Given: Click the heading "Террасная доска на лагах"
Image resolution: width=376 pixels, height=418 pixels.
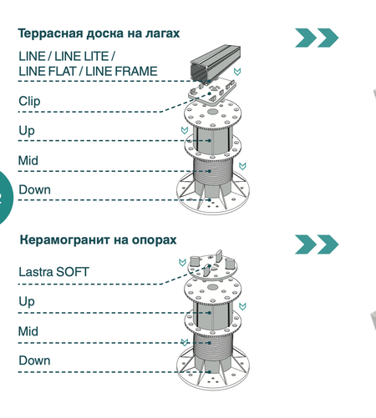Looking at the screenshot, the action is click(x=99, y=33).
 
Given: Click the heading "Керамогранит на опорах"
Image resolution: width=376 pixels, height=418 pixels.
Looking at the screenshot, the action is click(x=98, y=239).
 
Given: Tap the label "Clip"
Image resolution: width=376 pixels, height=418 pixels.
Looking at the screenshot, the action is click(x=29, y=101).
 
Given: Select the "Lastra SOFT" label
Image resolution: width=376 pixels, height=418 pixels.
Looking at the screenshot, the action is click(x=53, y=272).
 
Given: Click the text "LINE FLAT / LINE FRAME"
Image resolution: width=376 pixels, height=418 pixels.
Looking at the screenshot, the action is click(x=88, y=72).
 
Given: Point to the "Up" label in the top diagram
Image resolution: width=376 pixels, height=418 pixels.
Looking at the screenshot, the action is click(x=27, y=131).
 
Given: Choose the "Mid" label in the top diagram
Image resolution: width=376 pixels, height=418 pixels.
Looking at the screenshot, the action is click(x=28, y=160).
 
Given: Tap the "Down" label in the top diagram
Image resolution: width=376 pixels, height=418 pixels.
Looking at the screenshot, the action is click(x=34, y=189).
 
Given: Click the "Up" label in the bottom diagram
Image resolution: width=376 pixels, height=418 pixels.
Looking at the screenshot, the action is click(x=27, y=301).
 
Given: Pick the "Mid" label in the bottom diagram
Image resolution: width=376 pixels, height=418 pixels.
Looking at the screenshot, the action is click(x=28, y=331).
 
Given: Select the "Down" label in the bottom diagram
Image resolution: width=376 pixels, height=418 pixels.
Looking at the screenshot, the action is click(x=34, y=360).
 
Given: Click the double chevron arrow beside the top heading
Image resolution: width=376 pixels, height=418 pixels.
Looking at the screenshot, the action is click(x=317, y=38).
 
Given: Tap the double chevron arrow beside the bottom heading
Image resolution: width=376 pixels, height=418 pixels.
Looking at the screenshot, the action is click(x=317, y=244).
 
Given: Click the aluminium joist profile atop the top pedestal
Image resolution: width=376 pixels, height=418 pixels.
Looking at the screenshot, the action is click(x=215, y=64).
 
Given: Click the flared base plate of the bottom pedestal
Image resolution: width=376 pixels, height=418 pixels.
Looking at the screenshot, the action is click(x=213, y=373).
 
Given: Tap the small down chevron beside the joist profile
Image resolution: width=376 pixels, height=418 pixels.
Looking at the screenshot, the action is click(x=237, y=72).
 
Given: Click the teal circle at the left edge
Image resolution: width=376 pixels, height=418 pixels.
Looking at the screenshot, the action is click(x=5, y=197).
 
